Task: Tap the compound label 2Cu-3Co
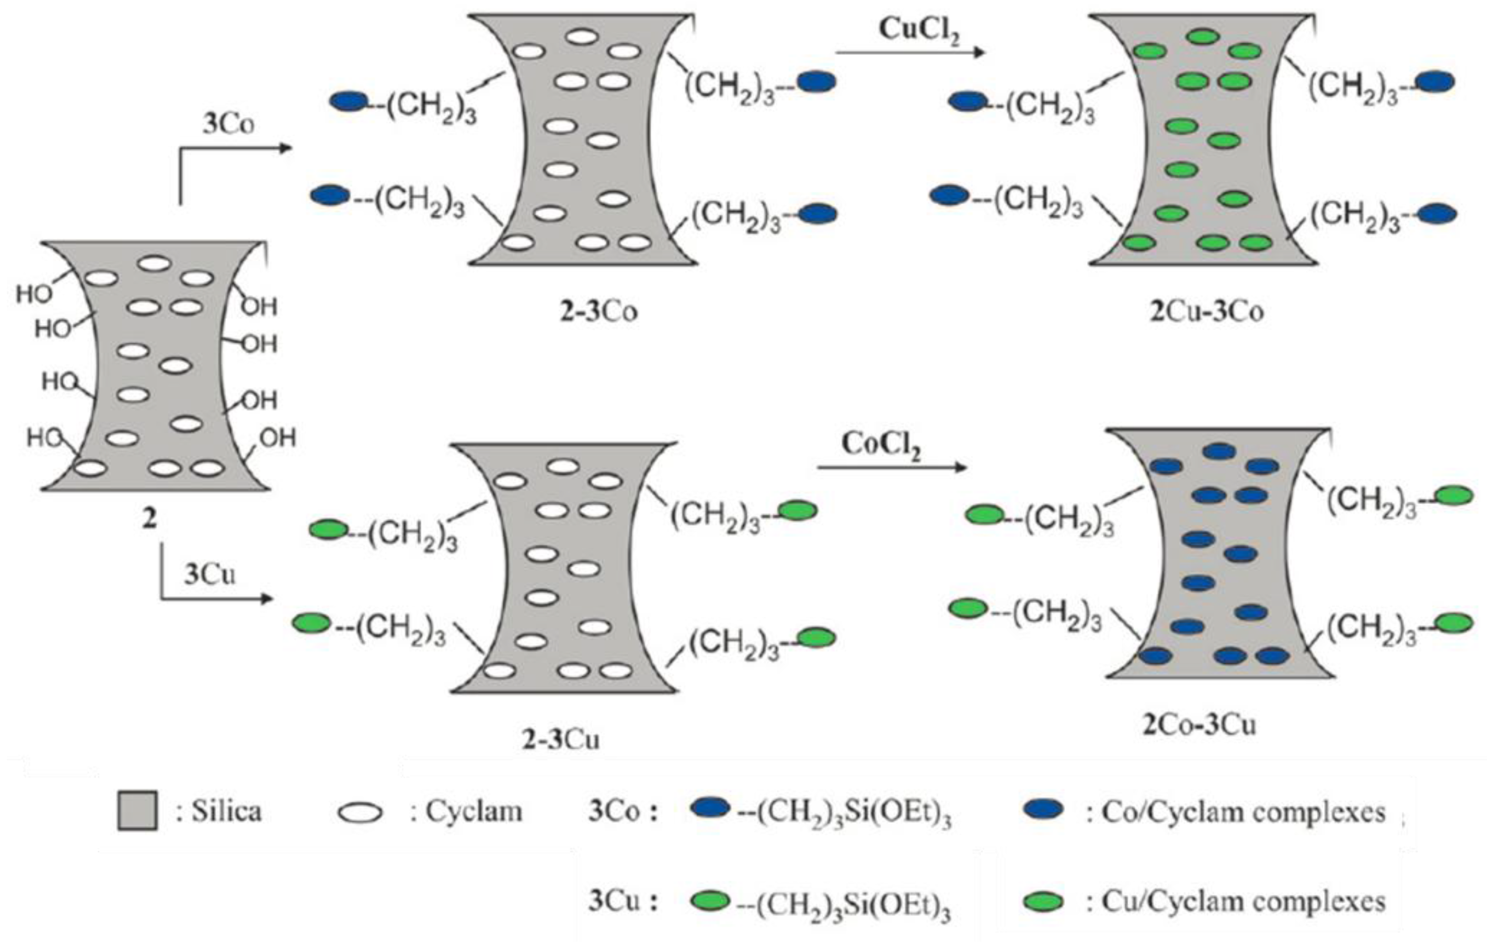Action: tap(1206, 312)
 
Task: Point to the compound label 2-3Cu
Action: tap(561, 739)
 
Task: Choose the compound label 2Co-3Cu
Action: tap(1199, 725)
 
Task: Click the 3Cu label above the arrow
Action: tap(209, 575)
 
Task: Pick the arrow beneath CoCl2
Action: tap(892, 468)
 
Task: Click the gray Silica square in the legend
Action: tap(137, 811)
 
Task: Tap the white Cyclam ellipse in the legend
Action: tap(360, 812)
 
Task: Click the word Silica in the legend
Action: tap(226, 811)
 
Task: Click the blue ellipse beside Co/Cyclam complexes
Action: tap(1043, 811)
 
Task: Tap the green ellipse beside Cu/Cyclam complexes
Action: tap(1043, 902)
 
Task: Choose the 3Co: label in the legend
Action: tap(622, 811)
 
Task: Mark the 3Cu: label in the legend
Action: tap(622, 902)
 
